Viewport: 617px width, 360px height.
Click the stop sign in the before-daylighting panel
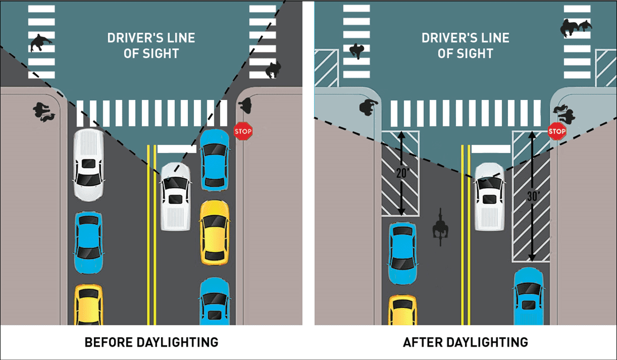click(x=243, y=132)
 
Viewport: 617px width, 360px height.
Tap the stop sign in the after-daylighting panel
click(x=557, y=132)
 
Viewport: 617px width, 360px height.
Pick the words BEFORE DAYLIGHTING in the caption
click(x=151, y=342)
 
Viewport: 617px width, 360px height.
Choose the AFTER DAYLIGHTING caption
click(x=466, y=342)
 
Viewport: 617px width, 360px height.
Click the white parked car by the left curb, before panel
click(x=88, y=165)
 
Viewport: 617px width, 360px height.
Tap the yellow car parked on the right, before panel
click(x=215, y=232)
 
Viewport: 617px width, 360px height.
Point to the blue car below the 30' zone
click(x=529, y=296)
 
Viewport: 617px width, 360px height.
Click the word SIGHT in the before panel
click(x=159, y=54)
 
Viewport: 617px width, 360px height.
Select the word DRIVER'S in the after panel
click(x=445, y=38)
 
